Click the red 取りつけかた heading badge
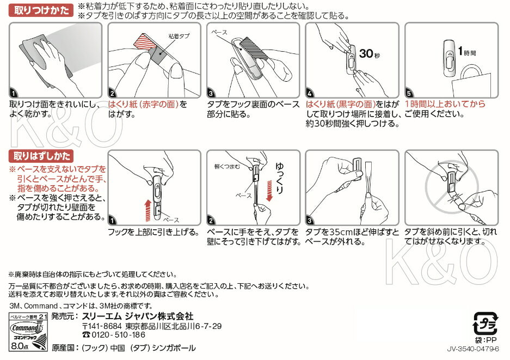click(x=41, y=10)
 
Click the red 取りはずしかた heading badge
click(x=41, y=156)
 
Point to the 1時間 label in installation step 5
click(x=467, y=51)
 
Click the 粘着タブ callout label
click(x=179, y=36)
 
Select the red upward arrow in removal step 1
click(x=148, y=210)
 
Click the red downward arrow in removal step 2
click(x=269, y=191)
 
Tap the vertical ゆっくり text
click(x=279, y=178)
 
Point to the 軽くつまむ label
click(x=227, y=167)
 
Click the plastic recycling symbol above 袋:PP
click(x=485, y=323)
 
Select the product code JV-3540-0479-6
click(x=473, y=349)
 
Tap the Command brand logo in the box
click(x=26, y=328)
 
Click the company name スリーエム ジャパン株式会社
click(x=138, y=316)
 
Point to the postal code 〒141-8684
click(x=102, y=326)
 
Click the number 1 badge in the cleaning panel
click(x=14, y=94)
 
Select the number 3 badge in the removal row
click(x=309, y=221)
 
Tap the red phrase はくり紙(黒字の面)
click(x=341, y=104)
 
